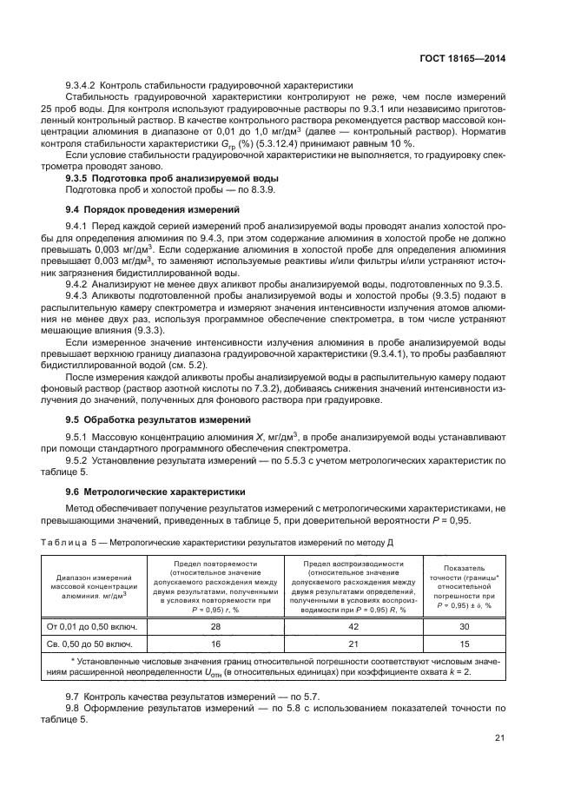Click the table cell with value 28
[215, 625]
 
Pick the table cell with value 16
[215, 645]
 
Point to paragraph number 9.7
[74, 697]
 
